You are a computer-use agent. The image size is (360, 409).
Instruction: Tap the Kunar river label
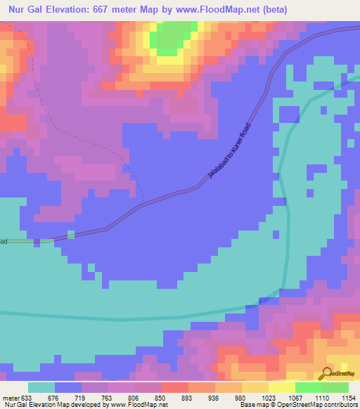pos(269,294)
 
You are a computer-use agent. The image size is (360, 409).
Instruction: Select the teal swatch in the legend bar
pos(41,388)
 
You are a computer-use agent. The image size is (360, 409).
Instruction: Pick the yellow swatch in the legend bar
pos(281,388)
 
